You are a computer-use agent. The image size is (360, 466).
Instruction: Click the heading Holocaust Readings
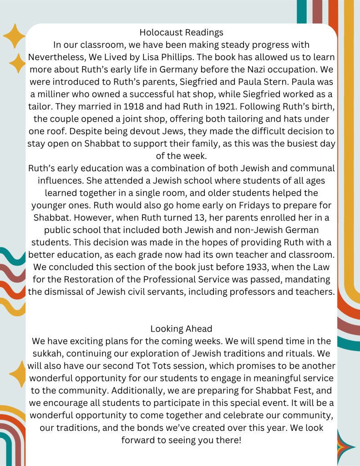point(181,32)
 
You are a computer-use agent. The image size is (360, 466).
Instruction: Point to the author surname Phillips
point(251,58)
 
